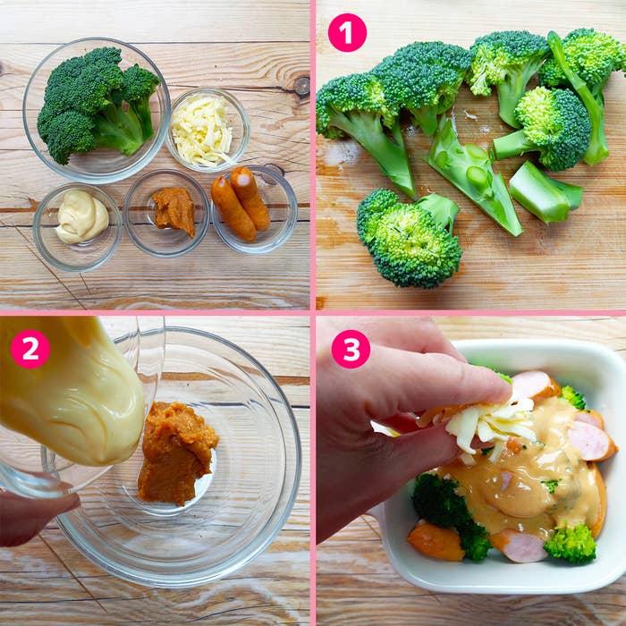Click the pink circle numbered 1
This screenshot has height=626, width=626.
[347, 33]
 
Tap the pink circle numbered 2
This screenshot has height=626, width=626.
[30, 349]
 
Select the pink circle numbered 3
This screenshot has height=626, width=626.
[351, 349]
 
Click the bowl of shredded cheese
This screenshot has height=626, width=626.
[207, 130]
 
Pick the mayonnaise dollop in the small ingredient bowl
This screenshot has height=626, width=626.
[82, 216]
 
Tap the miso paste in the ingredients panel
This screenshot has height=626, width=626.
[174, 211]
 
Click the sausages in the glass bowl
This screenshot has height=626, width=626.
[241, 204]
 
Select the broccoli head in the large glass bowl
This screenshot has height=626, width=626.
[97, 106]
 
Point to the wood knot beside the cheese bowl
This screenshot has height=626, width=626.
[302, 86]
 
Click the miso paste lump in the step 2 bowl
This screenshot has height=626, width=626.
[176, 453]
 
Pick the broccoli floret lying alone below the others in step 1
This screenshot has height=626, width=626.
[410, 239]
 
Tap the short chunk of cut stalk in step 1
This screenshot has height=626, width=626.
[545, 192]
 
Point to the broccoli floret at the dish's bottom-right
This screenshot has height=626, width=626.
[571, 543]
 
